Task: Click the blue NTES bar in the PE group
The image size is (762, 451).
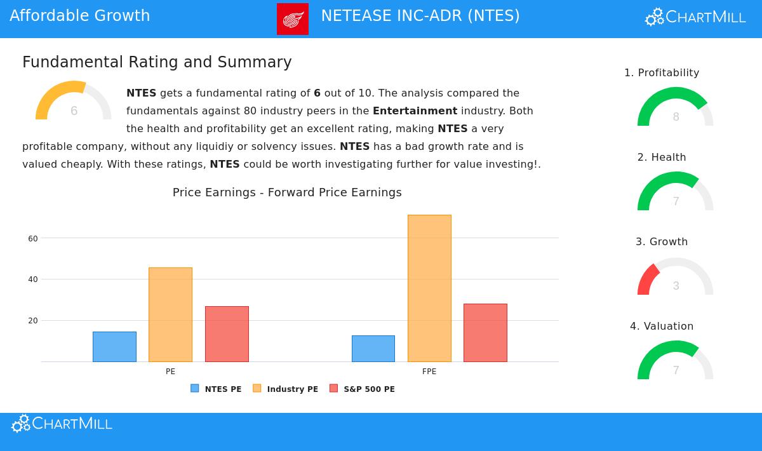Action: [x=114, y=347]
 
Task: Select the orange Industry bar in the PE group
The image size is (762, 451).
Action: [x=170, y=314]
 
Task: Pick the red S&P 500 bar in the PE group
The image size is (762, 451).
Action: [x=227, y=334]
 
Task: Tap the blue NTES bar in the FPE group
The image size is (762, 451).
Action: [x=373, y=349]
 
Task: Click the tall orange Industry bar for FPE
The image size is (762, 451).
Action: [x=429, y=288]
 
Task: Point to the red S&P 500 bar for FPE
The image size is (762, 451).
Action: [x=485, y=333]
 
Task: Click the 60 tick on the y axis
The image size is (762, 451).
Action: [x=33, y=239]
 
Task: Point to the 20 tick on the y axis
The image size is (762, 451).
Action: [x=33, y=321]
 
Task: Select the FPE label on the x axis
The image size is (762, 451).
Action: [x=429, y=372]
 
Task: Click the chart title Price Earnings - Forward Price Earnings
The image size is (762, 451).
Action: [x=287, y=192]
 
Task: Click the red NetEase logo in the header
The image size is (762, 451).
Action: [x=293, y=19]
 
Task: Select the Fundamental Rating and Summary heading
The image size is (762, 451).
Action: [x=157, y=62]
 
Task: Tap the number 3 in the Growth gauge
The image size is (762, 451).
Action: [x=676, y=286]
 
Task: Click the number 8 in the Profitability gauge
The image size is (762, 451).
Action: [x=676, y=117]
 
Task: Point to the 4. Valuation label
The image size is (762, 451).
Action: [x=662, y=326]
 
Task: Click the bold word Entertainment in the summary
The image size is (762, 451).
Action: [x=415, y=111]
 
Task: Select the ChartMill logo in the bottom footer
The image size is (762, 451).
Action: [x=62, y=424]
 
